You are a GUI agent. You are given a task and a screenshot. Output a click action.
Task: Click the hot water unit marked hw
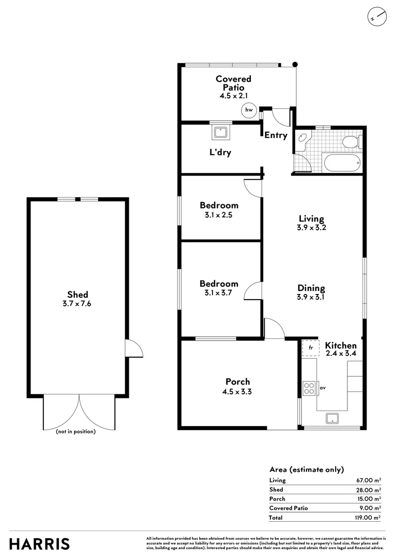(249, 110)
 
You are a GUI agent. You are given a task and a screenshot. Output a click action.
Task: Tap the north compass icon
(376, 17)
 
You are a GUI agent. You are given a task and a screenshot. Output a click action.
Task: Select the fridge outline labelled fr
(311, 348)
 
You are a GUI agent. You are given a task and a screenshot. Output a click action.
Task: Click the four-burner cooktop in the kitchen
(309, 388)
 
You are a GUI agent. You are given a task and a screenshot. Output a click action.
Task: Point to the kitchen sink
(332, 418)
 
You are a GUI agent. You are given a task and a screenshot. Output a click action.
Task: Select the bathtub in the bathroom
(342, 163)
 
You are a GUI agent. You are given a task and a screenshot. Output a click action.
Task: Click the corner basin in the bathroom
(303, 140)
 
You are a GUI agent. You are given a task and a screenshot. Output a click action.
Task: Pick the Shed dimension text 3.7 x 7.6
(77, 304)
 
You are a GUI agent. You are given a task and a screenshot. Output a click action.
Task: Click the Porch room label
(238, 381)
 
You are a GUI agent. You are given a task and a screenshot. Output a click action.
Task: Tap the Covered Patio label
(233, 83)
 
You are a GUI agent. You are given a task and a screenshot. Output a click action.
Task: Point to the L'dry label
(220, 152)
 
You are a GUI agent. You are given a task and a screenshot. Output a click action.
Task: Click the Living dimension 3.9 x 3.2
(311, 227)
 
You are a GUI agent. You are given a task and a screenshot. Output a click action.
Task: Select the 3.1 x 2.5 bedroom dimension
(218, 215)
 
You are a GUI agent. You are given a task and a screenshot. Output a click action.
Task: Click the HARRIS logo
(39, 544)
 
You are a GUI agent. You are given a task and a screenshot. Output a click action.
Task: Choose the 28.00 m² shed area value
(369, 490)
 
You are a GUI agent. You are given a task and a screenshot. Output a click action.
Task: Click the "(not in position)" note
(76, 432)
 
